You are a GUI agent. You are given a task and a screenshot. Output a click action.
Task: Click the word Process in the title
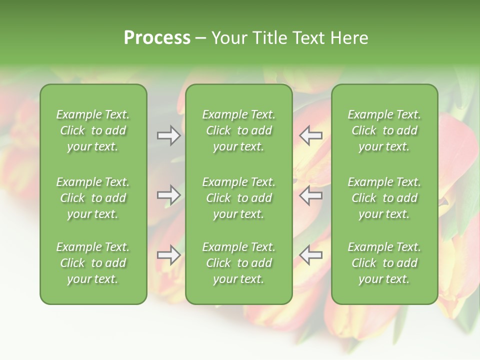pos(157,38)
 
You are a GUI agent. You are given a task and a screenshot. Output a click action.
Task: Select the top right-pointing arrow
pos(168,135)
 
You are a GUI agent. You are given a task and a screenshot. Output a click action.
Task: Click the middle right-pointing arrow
pos(168,195)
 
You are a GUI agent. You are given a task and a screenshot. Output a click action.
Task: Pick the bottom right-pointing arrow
pos(168,255)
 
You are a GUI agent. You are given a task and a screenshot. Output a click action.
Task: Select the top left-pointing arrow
pos(311,135)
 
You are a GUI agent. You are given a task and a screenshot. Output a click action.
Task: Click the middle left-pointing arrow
pos(311,195)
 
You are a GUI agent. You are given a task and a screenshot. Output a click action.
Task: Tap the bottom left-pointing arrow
pos(311,255)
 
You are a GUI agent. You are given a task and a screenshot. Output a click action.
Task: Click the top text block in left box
pos(93,130)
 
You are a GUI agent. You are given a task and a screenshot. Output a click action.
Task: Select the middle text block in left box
pos(93,198)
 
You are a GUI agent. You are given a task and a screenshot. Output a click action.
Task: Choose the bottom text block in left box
pos(93,263)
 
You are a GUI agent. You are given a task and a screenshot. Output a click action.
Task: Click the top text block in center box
pos(239,130)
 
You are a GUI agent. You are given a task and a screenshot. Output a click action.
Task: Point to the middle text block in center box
pos(239,198)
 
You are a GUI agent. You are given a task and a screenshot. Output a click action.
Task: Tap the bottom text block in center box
pos(239,263)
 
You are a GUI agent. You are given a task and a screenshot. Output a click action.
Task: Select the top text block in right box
pos(384,130)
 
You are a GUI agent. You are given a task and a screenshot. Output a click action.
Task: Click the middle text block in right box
pos(384,198)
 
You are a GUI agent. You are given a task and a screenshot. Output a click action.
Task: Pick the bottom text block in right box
pos(384,263)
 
